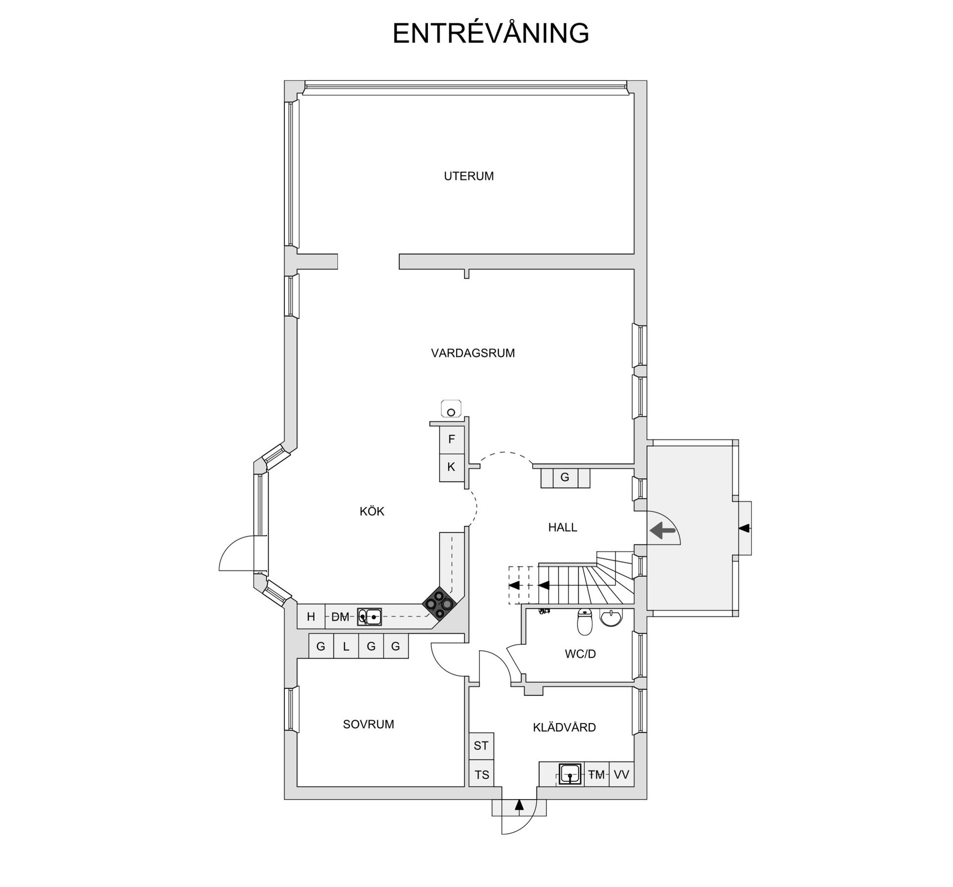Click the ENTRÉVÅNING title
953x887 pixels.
pos(490,34)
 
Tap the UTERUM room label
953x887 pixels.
pos(469,176)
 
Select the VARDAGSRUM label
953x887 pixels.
pos(473,353)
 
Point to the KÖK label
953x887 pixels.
pos(372,511)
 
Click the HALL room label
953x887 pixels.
pos(562,527)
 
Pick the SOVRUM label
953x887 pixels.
pos(368,724)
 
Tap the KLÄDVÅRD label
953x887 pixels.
pos(564,727)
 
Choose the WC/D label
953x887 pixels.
pos(580,654)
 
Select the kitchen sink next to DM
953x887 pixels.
pos(369,616)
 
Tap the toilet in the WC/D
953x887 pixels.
pos(585,622)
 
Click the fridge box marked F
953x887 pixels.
pos(451,439)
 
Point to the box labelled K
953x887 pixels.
pos(451,467)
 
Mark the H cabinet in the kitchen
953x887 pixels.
pos(311,616)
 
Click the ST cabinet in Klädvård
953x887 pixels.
pos(481,746)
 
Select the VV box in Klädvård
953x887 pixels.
pos(621,774)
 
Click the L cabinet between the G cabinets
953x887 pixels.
pos(346,647)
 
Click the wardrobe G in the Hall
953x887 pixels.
pos(565,478)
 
